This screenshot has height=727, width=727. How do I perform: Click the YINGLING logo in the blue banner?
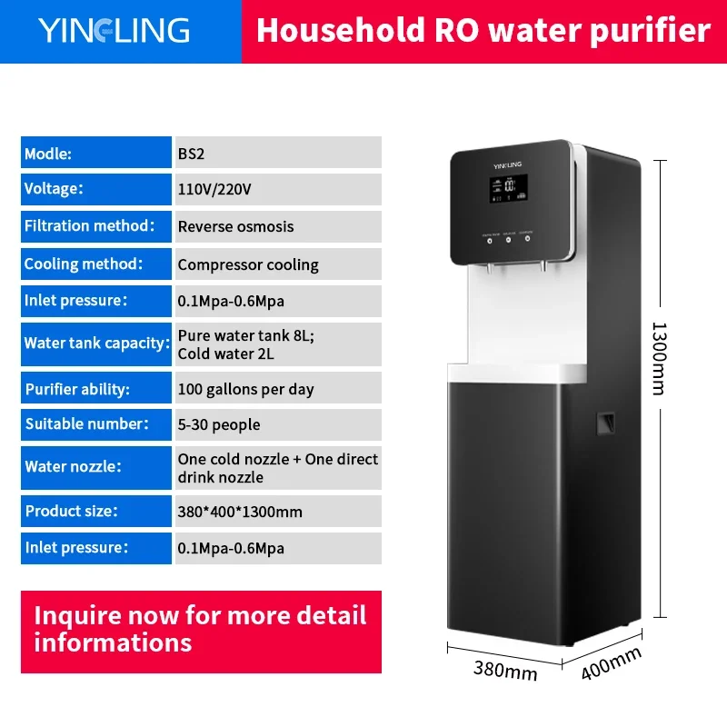click(x=114, y=31)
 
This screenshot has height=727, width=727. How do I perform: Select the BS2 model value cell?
click(x=278, y=152)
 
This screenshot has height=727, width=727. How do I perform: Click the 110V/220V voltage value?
click(x=214, y=189)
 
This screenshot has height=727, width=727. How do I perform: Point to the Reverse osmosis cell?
click(x=278, y=226)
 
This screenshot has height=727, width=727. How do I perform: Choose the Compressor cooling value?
click(x=248, y=264)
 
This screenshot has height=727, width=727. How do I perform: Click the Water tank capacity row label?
click(x=96, y=344)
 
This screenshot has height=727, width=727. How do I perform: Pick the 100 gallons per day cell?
click(x=278, y=388)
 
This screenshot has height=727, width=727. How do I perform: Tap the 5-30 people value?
click(x=219, y=424)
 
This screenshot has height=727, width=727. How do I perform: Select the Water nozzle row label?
click(x=96, y=468)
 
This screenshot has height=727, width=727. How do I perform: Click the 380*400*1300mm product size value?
click(x=240, y=512)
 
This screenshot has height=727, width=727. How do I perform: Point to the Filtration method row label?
click(x=96, y=226)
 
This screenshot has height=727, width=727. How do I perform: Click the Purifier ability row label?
click(x=96, y=388)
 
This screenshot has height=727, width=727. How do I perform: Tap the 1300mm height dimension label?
click(x=659, y=358)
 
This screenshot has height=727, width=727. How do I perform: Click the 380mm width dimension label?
click(x=505, y=670)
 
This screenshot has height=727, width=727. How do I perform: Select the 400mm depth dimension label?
click(x=612, y=663)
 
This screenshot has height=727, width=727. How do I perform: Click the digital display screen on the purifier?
click(x=509, y=188)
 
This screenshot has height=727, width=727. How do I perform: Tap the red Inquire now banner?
click(x=201, y=632)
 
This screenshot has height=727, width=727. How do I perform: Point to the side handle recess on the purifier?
click(x=605, y=423)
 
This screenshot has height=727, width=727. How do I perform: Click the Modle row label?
click(x=96, y=152)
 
